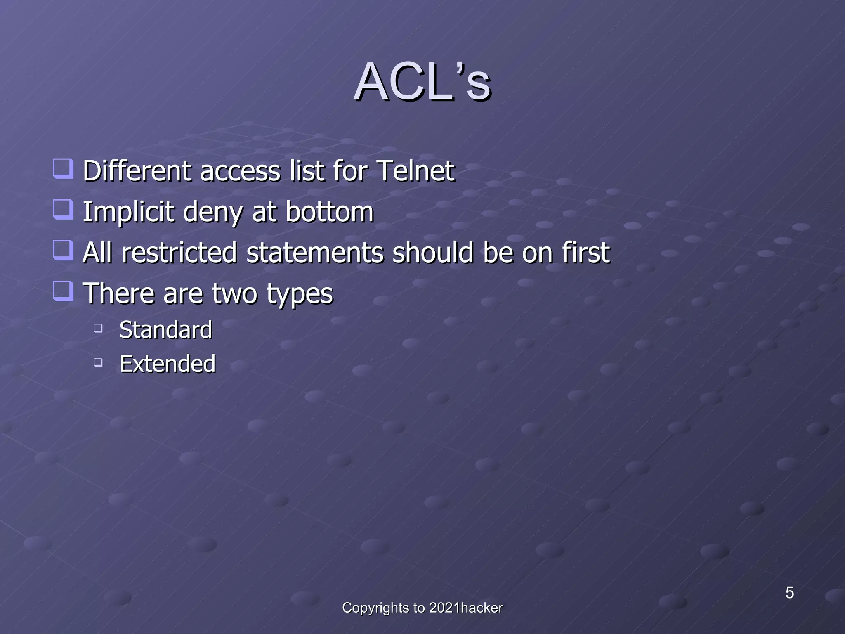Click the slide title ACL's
pos(422,82)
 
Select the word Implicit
pos(128,212)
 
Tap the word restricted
pos(179,252)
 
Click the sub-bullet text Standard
pos(165,330)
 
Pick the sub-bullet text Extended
pos(167,364)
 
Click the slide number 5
pos(789,593)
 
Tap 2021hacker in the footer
pos(466,608)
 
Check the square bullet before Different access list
pos(64,169)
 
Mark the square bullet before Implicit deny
pos(64,209)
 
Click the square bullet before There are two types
pos(64,291)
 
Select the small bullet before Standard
pos(98,329)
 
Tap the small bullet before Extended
pos(98,362)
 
